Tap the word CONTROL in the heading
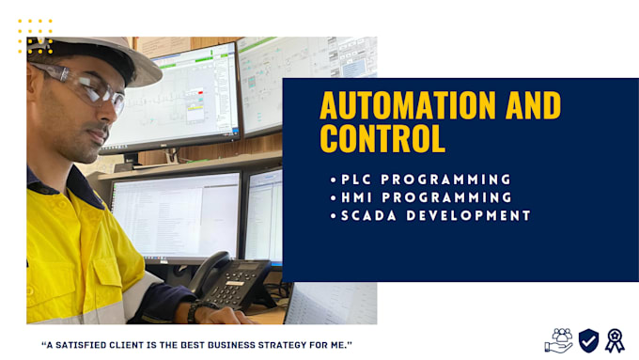(382, 139)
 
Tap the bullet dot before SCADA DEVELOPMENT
(334, 215)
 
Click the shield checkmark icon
(588, 340)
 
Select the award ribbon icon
(615, 340)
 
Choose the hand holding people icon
(559, 340)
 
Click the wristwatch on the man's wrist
(195, 311)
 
